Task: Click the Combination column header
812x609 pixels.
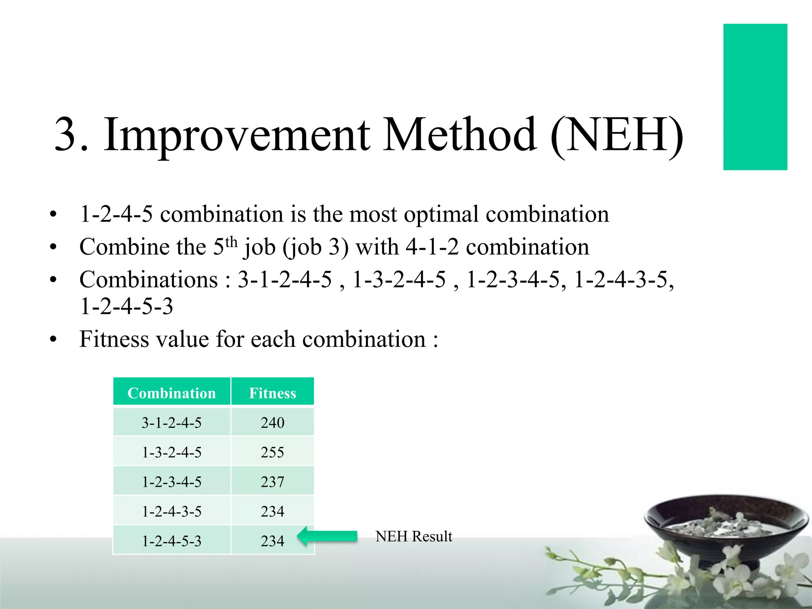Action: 172,393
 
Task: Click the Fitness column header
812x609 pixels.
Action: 272,393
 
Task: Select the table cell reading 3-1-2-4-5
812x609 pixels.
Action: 172,423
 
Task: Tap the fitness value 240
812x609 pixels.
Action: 272,423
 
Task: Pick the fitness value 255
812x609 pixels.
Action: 272,452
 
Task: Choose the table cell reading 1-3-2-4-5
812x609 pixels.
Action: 172,452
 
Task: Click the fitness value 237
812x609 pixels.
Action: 272,482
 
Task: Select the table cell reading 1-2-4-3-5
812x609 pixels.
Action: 172,511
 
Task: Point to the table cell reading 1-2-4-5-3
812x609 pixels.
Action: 172,541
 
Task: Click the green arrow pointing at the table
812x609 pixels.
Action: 327,536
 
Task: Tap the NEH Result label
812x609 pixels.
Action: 414,536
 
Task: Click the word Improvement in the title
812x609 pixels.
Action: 237,135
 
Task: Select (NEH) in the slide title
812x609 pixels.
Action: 617,135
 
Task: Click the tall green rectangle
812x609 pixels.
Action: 755,97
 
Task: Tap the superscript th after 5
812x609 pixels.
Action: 232,241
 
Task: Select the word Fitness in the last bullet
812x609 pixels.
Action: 114,339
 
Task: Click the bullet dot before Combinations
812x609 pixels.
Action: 53,280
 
